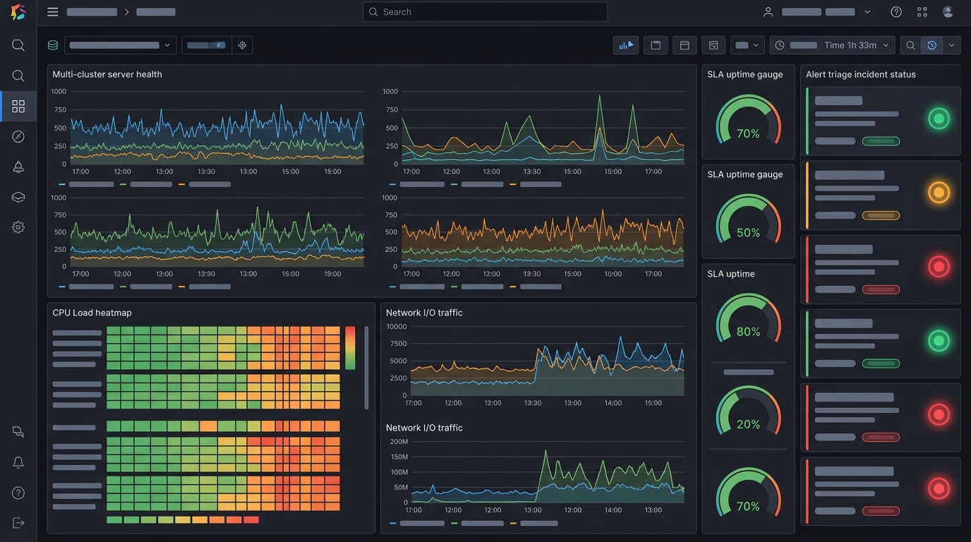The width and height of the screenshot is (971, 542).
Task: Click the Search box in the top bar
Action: point(485,12)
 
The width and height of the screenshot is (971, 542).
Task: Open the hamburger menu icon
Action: point(52,12)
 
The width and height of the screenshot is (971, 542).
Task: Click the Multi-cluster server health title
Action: point(107,74)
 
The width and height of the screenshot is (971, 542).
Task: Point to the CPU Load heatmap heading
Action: point(92,313)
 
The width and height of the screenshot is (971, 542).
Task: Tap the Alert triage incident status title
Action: point(860,74)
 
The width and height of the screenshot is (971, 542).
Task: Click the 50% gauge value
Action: point(748,233)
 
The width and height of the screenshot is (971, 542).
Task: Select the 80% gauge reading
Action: point(748,332)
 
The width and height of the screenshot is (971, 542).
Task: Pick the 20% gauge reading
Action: point(748,424)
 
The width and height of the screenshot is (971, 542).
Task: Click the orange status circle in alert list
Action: point(939,193)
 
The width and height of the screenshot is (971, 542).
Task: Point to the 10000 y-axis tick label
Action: point(396,327)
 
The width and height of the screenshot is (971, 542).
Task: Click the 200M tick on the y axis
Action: point(399,441)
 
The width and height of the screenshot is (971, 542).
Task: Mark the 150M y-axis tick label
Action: point(399,457)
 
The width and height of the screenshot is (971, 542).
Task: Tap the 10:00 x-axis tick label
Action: point(613,274)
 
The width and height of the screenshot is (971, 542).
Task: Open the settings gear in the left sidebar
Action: point(18,227)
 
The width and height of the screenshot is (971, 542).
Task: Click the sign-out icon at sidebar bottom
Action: point(18,523)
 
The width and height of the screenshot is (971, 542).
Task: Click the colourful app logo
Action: point(18,12)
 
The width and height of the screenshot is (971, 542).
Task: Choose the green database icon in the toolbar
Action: point(53,45)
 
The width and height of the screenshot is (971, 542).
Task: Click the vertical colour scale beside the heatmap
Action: point(350,348)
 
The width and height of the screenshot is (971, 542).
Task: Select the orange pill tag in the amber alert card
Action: point(881,215)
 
